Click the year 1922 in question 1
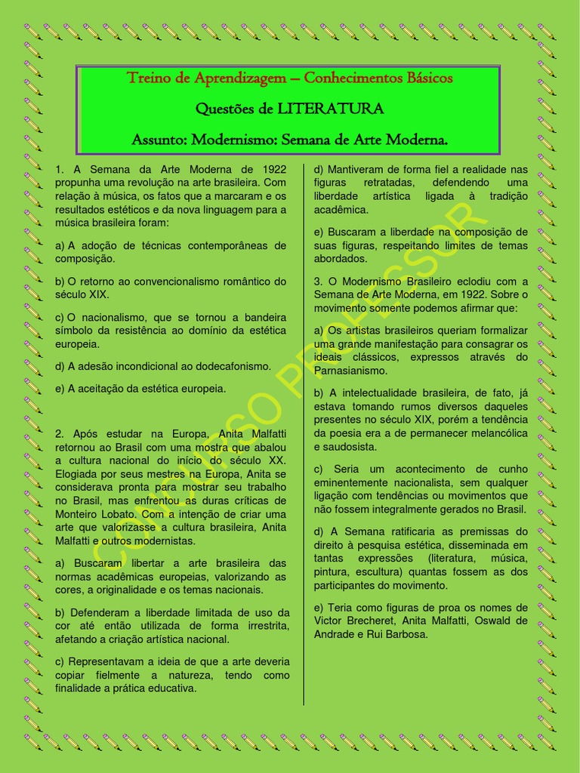271,169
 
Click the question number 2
59,433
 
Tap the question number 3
317,282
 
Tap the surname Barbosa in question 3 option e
405,634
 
